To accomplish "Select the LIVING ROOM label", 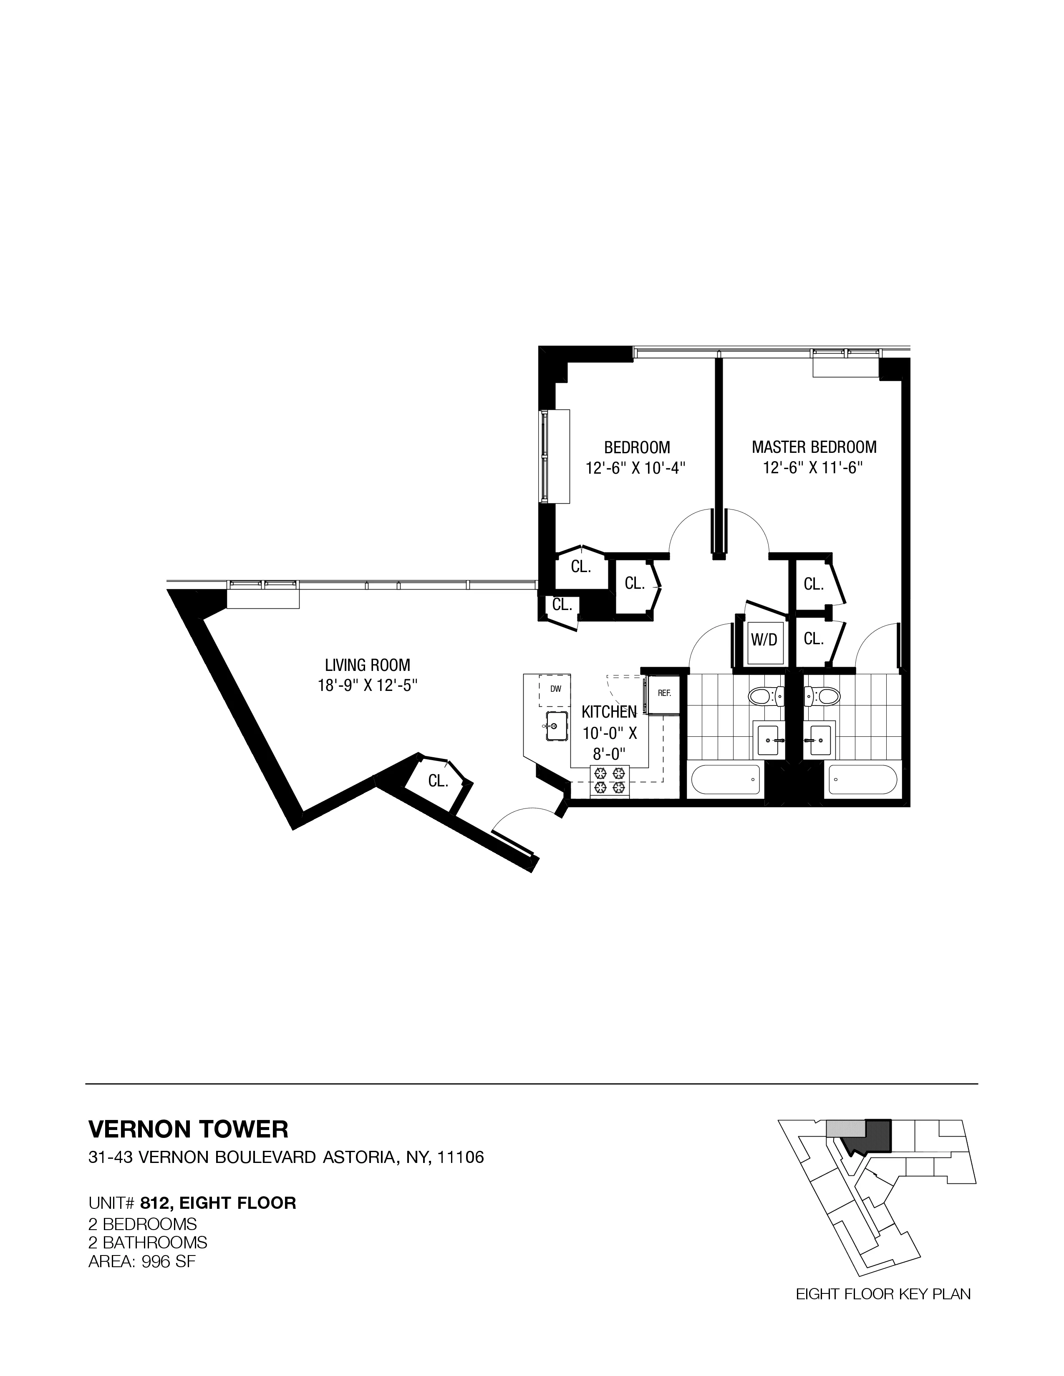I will tap(368, 665).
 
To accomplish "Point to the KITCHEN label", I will tap(609, 712).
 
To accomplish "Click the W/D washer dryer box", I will tap(764, 640).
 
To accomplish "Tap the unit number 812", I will tap(157, 1203).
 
